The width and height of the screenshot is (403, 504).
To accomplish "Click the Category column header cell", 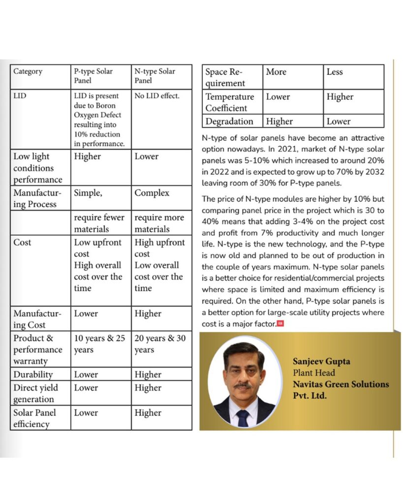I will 28,72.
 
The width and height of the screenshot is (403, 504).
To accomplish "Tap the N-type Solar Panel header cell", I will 155,76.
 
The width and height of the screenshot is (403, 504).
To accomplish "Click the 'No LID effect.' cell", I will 157,96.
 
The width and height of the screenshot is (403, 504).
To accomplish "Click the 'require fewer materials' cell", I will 99,223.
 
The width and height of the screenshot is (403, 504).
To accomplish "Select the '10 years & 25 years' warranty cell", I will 99,344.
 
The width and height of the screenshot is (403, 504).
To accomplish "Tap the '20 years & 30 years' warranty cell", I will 160,344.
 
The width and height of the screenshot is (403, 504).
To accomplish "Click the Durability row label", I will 33,375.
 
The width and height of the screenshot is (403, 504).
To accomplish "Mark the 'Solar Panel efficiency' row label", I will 34,418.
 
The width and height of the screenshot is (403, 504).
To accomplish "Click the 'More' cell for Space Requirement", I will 276,72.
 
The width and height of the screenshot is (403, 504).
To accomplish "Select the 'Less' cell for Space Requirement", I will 335,72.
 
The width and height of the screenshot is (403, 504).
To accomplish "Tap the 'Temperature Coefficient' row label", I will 230,102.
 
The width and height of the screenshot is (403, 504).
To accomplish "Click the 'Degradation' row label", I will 229,122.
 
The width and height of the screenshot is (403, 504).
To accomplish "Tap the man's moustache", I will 242,385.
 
